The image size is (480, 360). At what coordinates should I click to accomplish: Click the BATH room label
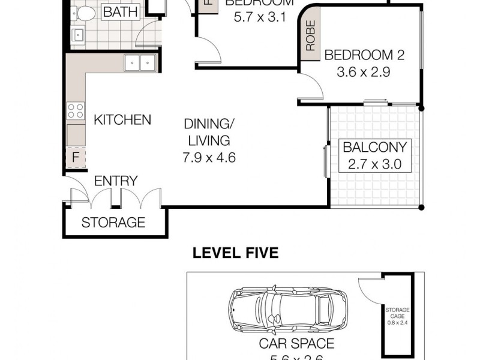[x=120, y=12]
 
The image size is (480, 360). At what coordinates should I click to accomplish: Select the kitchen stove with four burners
[x=76, y=110]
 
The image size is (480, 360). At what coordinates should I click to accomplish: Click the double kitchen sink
[x=140, y=62]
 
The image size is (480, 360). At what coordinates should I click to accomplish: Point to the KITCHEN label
[x=122, y=120]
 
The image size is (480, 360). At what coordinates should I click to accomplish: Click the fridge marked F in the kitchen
[x=76, y=157]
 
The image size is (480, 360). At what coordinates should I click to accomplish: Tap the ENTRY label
[x=116, y=181]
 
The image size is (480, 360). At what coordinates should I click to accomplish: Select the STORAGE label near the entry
[x=113, y=223]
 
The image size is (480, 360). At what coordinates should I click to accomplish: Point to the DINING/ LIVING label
[x=207, y=133]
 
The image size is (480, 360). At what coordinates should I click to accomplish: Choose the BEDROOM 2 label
[x=364, y=55]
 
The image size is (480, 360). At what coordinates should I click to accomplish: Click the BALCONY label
[x=374, y=146]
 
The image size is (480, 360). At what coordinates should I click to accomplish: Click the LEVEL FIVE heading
[x=235, y=253]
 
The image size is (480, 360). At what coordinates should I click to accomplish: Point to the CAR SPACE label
[x=296, y=344]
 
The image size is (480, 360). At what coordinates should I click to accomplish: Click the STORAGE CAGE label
[x=398, y=313]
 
